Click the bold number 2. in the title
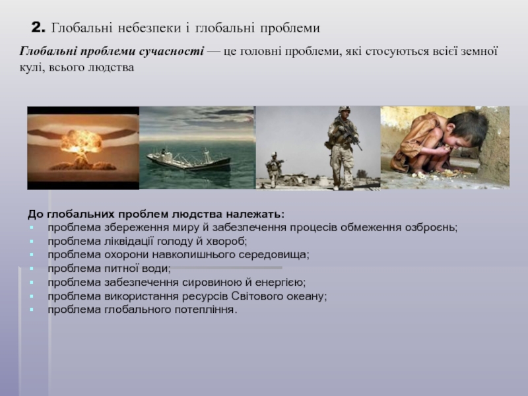click(x=38, y=27)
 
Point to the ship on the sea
click(x=189, y=160)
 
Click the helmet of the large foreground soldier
click(x=344, y=110)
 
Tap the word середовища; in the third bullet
click(x=274, y=255)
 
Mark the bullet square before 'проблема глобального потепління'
click(x=32, y=310)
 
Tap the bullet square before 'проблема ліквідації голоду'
click(x=32, y=242)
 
